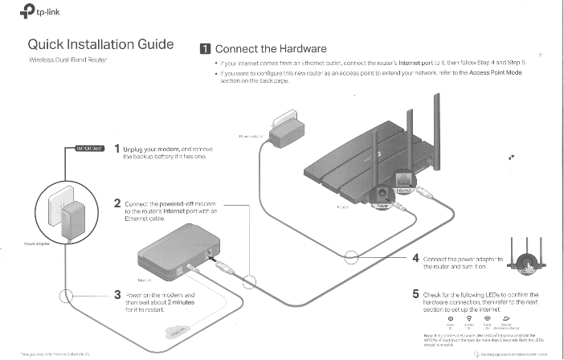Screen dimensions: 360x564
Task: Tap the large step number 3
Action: click(117, 296)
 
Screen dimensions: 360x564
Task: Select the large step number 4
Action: click(415, 259)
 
